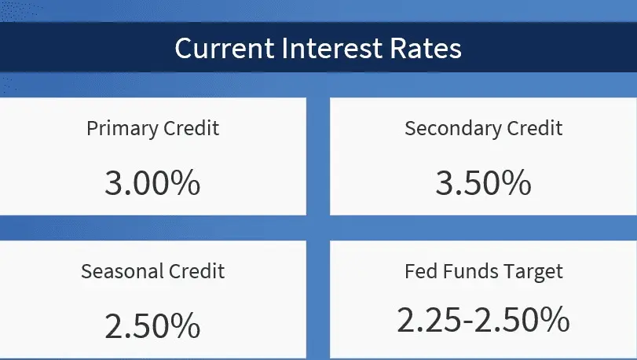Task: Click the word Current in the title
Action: tap(225, 49)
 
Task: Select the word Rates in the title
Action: tap(426, 49)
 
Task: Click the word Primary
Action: tap(122, 129)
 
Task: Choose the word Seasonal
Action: tap(122, 271)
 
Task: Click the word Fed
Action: tap(421, 271)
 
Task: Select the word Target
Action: tap(533, 272)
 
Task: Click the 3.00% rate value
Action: tap(152, 183)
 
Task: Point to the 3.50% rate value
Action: tap(483, 183)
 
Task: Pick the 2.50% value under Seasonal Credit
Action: tap(152, 325)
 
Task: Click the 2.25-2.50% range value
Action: tap(483, 320)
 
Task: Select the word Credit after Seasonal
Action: tap(197, 271)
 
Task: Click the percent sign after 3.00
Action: tap(185, 183)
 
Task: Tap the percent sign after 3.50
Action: tap(516, 183)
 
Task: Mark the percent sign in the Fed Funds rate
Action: tap(555, 320)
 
